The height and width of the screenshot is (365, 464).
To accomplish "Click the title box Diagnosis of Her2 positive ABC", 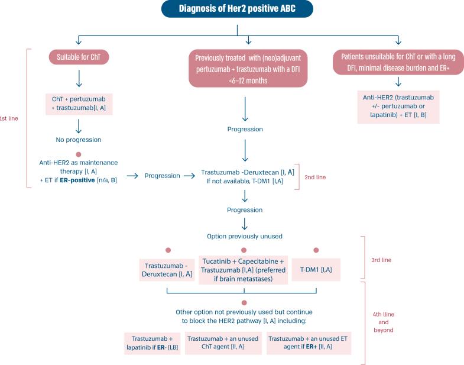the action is [237, 9].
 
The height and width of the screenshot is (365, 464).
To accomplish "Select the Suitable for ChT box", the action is [79, 57].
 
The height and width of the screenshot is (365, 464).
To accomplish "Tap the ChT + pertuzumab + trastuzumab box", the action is [79, 104].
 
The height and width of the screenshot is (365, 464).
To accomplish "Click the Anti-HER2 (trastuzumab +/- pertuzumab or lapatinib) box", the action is [398, 106].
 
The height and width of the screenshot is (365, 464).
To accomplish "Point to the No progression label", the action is [79, 140].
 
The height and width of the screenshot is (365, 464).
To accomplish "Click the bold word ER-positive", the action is [77, 180].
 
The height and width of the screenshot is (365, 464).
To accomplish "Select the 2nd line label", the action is [315, 177].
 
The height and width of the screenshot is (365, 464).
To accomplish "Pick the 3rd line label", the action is [381, 260].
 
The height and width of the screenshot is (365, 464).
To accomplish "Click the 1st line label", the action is [9, 118].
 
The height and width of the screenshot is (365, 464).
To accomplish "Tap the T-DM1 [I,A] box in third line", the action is [316, 270].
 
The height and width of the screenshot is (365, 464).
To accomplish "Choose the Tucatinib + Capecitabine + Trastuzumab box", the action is [244, 270].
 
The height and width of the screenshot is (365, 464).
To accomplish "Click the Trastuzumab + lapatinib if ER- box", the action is [152, 343].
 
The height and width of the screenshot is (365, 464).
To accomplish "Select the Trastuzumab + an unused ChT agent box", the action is [223, 343].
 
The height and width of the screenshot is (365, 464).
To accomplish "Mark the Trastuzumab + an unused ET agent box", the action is [309, 343].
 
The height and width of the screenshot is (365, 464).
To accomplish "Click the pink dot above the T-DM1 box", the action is [316, 250].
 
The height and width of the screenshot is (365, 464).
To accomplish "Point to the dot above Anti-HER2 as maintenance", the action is [79, 154].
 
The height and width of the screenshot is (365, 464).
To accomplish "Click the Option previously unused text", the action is [245, 237].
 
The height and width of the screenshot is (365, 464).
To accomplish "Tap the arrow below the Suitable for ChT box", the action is [79, 78].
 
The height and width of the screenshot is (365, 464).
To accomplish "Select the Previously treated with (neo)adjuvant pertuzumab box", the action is [248, 69].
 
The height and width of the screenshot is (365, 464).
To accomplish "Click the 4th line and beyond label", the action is [383, 322].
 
